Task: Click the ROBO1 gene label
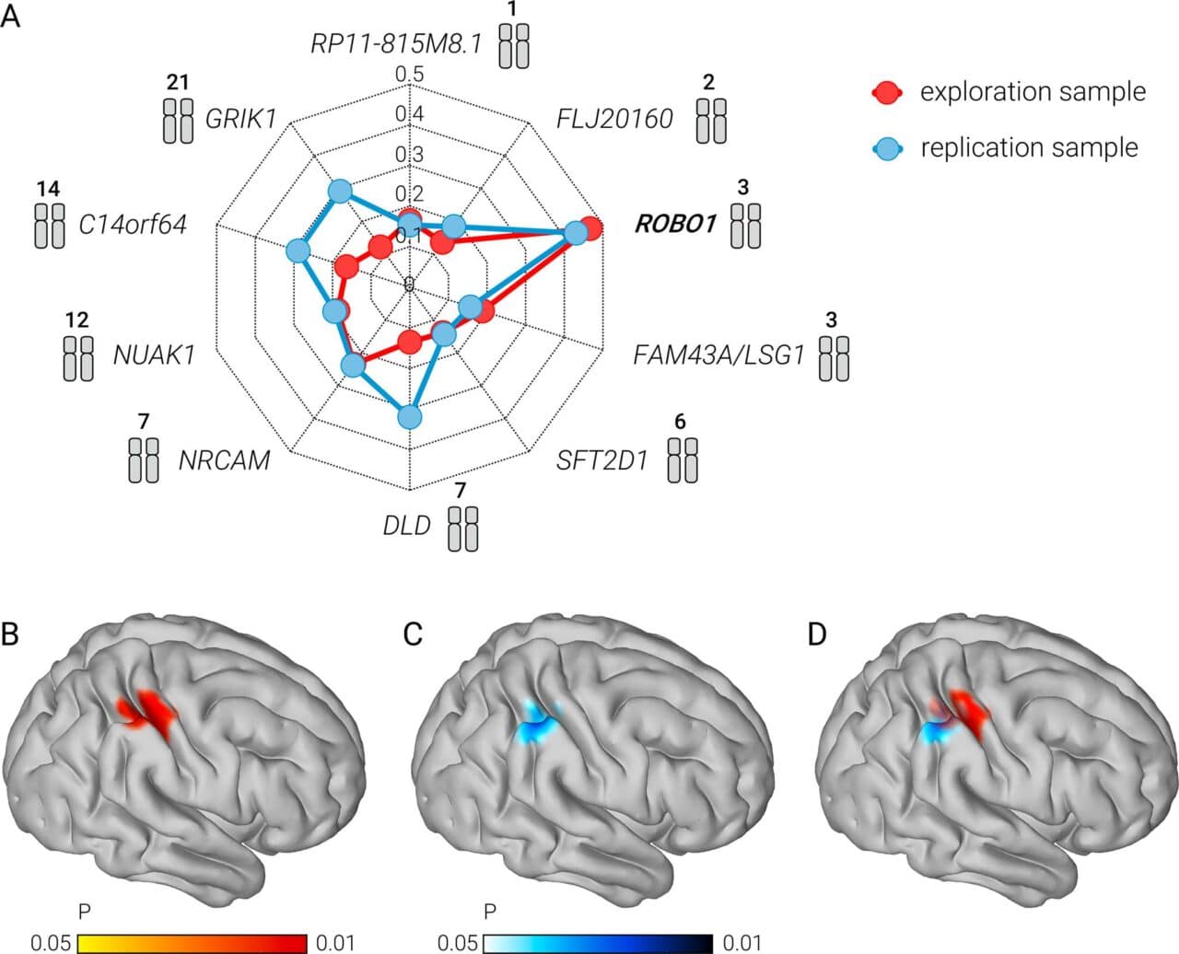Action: point(675,224)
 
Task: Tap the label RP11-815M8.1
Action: point(396,43)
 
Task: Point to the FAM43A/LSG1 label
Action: point(718,355)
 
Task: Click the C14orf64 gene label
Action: point(133,224)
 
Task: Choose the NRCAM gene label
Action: point(225,459)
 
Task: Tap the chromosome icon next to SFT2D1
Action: point(683,460)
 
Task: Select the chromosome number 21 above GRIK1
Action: point(178,83)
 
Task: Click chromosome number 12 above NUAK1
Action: point(77,320)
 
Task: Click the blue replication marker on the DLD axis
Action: point(410,417)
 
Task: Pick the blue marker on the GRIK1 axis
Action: point(340,192)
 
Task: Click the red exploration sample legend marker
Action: point(887,92)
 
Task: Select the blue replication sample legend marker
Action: point(887,148)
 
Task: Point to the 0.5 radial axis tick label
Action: point(409,75)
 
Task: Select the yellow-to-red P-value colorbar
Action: point(192,943)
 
